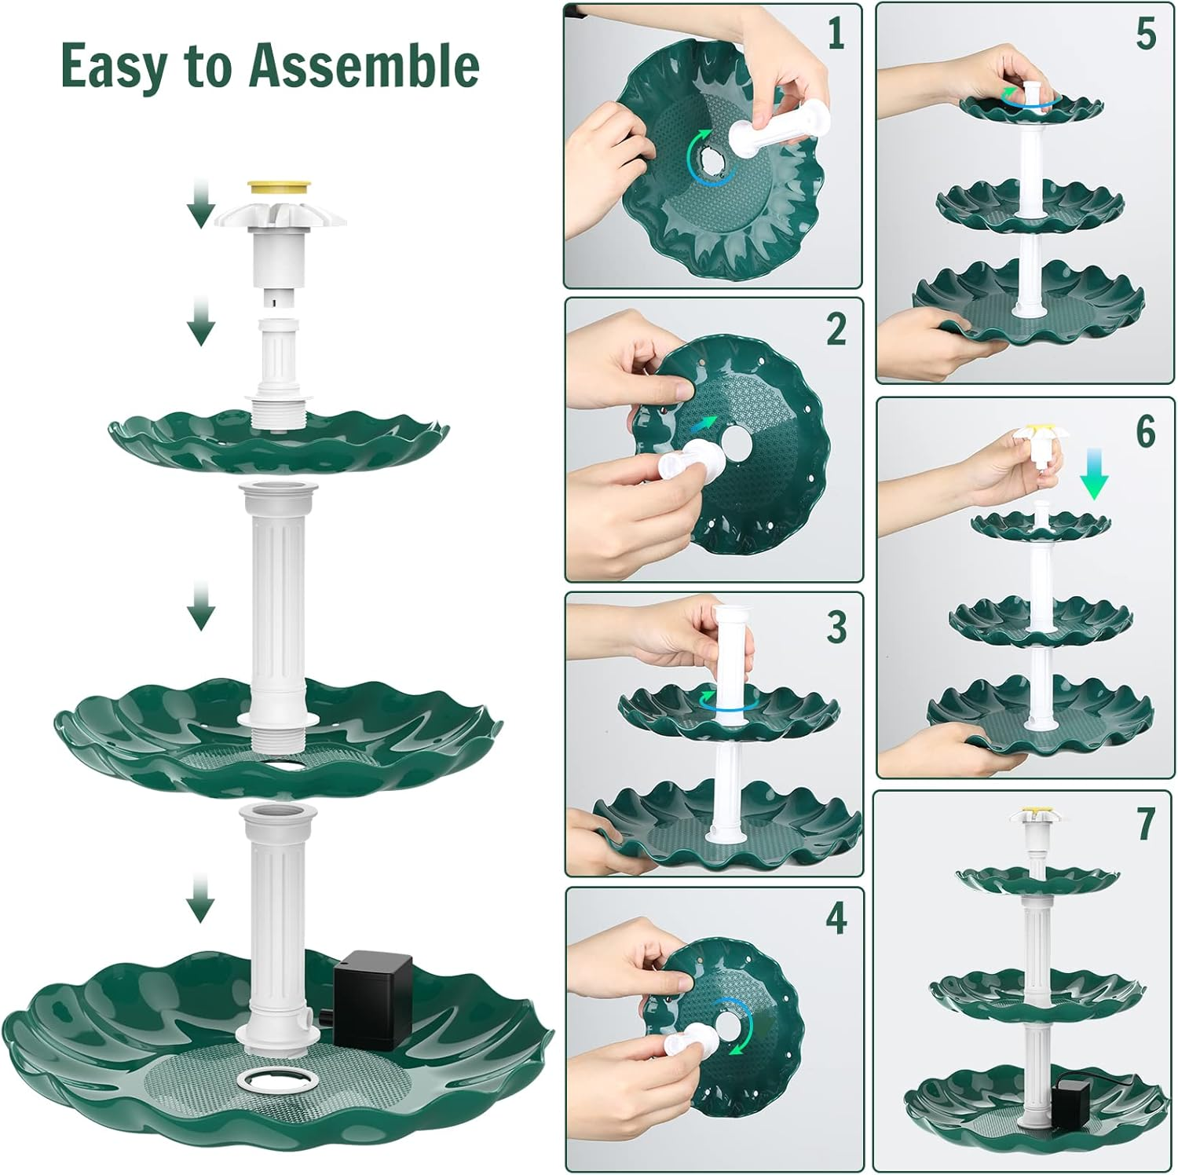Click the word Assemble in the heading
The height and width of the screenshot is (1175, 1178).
(x=364, y=66)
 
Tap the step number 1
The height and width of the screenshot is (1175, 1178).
(x=836, y=35)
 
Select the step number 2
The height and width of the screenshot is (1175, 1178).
(x=836, y=329)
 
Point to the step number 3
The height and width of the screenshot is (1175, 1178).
(x=836, y=626)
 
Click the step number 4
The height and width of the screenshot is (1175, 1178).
(x=836, y=918)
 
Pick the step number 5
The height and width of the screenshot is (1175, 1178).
(x=1146, y=35)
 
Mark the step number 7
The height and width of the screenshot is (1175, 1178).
(x=1146, y=822)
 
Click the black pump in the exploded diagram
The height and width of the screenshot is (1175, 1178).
(x=373, y=998)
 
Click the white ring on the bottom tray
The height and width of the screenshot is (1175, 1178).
(x=277, y=1080)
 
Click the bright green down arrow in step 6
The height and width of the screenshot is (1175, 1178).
(x=1093, y=476)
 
